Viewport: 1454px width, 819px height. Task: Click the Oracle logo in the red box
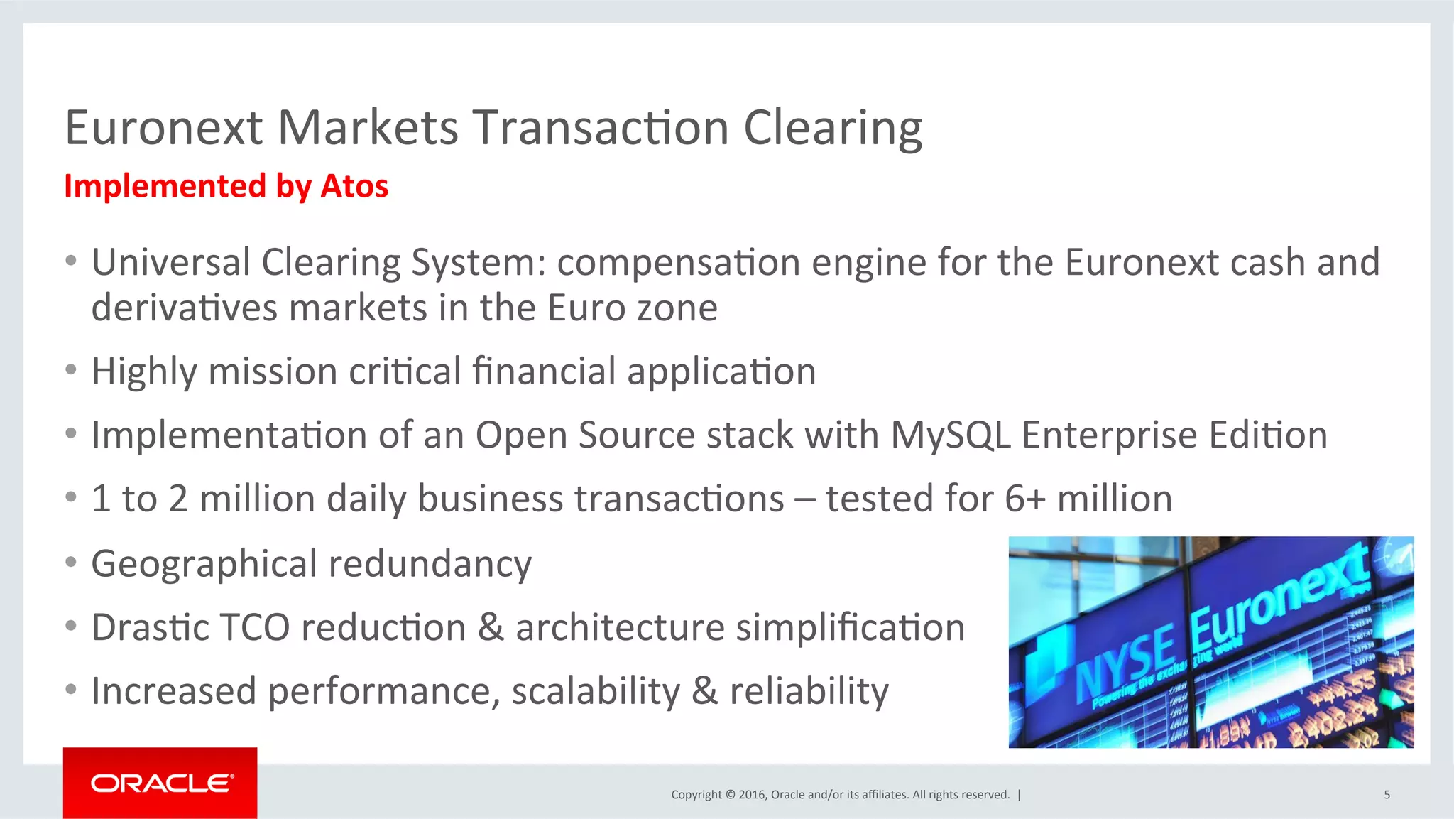point(162,783)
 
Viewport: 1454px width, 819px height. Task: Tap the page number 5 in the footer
point(1387,795)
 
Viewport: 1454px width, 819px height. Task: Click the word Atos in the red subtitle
point(354,186)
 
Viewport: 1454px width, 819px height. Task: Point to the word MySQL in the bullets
point(950,435)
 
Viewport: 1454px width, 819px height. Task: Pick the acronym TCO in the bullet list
point(255,628)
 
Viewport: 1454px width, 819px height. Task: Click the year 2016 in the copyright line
point(751,795)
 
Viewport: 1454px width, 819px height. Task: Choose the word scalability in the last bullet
point(596,691)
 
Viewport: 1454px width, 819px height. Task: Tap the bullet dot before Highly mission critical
point(70,370)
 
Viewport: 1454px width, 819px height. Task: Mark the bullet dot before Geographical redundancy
point(70,563)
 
